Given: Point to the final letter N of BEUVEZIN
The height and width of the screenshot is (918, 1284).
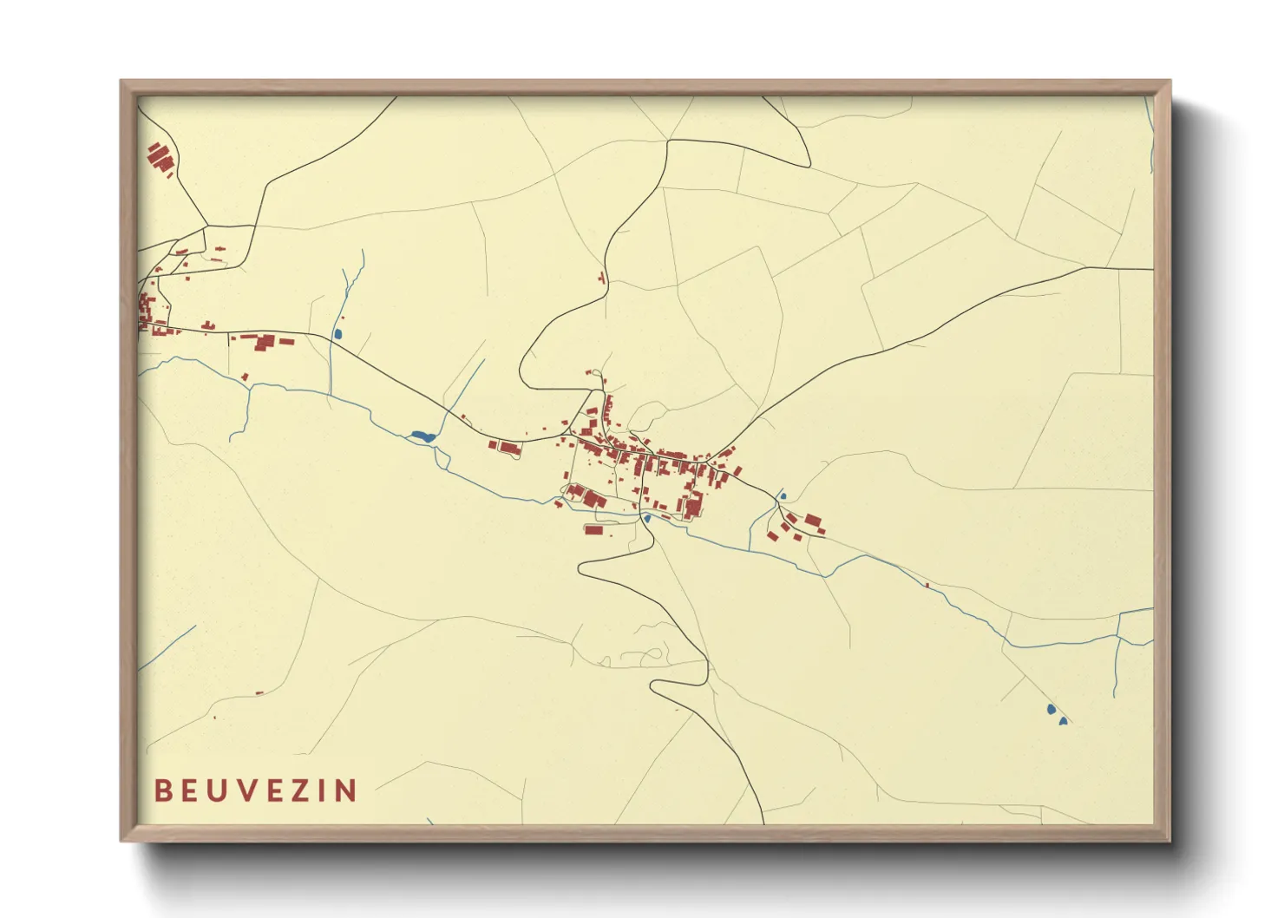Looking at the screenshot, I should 346,790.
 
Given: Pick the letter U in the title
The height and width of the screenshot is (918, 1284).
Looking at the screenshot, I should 214,790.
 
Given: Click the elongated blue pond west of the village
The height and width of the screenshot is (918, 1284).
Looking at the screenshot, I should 422,436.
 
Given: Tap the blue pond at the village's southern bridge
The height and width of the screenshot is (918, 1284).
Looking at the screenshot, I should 646,518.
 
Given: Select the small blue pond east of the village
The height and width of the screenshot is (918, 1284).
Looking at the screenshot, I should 783,496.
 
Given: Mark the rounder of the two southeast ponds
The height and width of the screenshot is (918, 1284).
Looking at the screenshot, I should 1051,709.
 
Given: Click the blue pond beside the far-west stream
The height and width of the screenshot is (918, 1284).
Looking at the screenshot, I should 337,333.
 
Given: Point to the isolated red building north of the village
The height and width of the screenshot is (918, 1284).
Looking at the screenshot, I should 601,278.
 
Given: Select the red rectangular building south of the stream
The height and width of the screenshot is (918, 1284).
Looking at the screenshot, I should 593,529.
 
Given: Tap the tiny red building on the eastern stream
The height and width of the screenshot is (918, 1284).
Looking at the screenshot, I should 927,585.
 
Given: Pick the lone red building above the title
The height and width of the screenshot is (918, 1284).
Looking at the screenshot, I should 259,692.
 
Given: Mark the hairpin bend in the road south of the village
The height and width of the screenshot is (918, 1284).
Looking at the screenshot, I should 582,568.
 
